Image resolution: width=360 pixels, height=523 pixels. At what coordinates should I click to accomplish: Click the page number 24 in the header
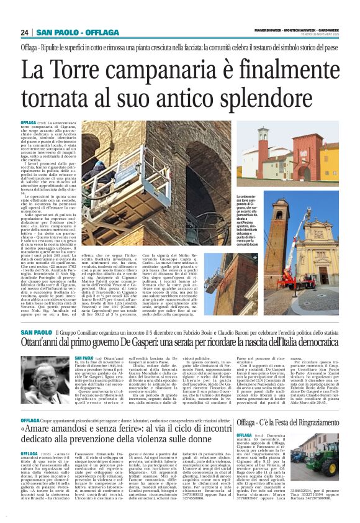tap(25, 32)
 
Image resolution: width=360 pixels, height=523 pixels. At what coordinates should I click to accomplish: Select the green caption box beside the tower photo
tap(248, 218)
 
